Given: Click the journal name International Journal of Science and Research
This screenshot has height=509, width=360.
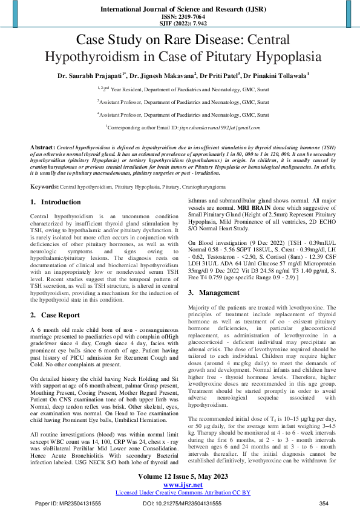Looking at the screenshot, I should coord(180,10).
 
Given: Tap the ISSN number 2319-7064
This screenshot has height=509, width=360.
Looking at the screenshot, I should coord(180,18).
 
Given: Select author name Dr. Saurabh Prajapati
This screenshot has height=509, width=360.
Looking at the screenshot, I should coord(90,76).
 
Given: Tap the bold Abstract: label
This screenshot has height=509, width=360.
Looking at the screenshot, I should coord(42,148).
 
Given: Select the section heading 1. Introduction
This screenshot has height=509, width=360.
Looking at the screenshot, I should coord(55,201).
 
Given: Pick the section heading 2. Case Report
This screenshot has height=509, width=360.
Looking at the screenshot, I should coord(56,315).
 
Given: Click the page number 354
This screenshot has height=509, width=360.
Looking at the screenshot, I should coord(324,502).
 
